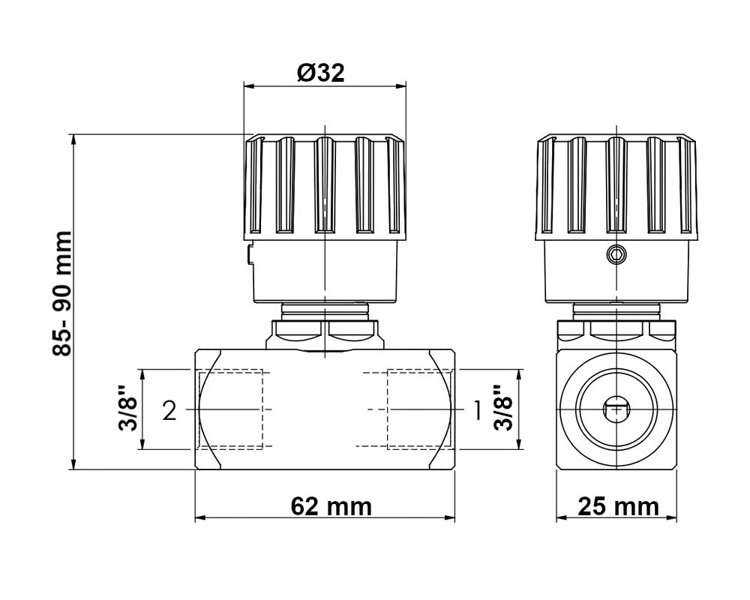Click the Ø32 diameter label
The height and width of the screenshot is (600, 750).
pos(320,73)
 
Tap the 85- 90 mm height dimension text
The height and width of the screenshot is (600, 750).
pos(62,294)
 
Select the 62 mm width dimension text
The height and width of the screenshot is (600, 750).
pos(331,506)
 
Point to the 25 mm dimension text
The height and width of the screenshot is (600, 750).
pos(618,506)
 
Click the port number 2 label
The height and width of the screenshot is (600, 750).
pos(169,410)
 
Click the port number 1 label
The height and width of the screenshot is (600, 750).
pos(477,410)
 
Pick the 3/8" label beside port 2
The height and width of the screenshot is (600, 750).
pos(128,408)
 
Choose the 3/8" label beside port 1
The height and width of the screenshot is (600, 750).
pos(504,408)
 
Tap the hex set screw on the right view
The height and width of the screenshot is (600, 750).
pos(616,254)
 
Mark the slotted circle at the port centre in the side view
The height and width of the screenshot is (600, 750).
pos(616,409)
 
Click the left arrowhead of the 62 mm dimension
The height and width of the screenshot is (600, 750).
pos(200,517)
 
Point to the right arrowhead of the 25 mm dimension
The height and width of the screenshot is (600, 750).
pos(671,517)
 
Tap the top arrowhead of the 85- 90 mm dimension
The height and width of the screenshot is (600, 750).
pos(73,140)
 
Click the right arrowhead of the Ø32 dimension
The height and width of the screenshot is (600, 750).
pos(400,86)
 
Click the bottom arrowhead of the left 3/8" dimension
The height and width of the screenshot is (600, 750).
pos(142,443)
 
